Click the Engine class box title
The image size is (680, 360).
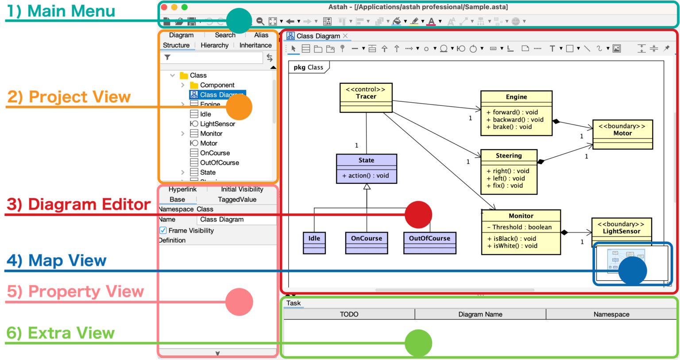coord(516,97)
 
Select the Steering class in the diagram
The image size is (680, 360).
coord(509,156)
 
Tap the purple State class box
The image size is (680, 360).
coord(366,160)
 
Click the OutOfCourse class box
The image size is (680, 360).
coord(429,239)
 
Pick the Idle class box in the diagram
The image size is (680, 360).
coord(314,239)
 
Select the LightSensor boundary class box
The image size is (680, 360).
coord(621,228)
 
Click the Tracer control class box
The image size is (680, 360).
coord(366,93)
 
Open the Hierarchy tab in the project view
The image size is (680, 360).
coord(214,45)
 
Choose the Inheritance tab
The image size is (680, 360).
coord(255,45)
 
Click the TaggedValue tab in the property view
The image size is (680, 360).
coord(237,200)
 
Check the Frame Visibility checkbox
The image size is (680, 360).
coord(163,230)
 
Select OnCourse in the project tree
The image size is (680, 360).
coord(215,153)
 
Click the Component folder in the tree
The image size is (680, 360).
coord(217,85)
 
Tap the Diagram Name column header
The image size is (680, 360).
coord(480,314)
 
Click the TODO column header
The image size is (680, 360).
coord(349,314)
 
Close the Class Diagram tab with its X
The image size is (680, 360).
coord(345,36)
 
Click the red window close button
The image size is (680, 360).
coord(164,7)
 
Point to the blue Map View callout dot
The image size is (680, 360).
coord(632,271)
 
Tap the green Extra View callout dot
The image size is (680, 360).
coord(418,343)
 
